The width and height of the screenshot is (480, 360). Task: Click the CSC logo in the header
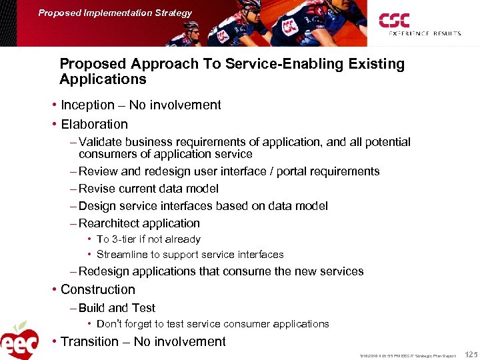[394, 20]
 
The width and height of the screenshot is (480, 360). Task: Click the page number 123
[470, 355]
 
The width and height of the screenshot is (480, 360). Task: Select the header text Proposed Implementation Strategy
[115, 13]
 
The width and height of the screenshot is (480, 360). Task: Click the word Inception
[87, 105]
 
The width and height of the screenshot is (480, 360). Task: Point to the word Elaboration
[94, 125]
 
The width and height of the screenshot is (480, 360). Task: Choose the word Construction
[97, 290]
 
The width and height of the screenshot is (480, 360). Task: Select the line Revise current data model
[148, 189]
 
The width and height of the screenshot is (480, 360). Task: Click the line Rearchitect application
[139, 224]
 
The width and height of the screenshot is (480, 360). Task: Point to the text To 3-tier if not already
[148, 239]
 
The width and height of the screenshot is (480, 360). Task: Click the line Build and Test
[117, 308]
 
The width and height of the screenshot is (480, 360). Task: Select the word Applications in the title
[103, 80]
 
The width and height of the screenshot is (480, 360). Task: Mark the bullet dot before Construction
[54, 290]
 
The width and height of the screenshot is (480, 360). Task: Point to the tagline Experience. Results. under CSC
[424, 33]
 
